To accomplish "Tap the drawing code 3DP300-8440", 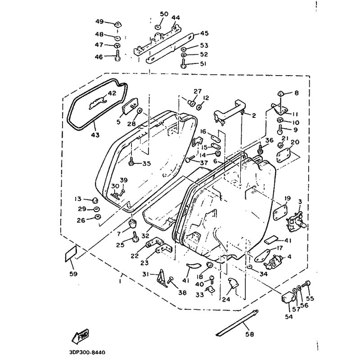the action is (x=87, y=352).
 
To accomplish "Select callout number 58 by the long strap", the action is (x=249, y=334).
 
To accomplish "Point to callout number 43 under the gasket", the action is (x=95, y=135).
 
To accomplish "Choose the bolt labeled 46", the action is (x=117, y=56).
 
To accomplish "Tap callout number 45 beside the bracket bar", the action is (x=204, y=33).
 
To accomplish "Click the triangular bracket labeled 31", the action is (x=162, y=278).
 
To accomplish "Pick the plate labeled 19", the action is (x=279, y=213).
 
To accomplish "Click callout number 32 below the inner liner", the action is (x=145, y=236).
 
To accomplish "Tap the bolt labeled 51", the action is (x=184, y=63).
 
